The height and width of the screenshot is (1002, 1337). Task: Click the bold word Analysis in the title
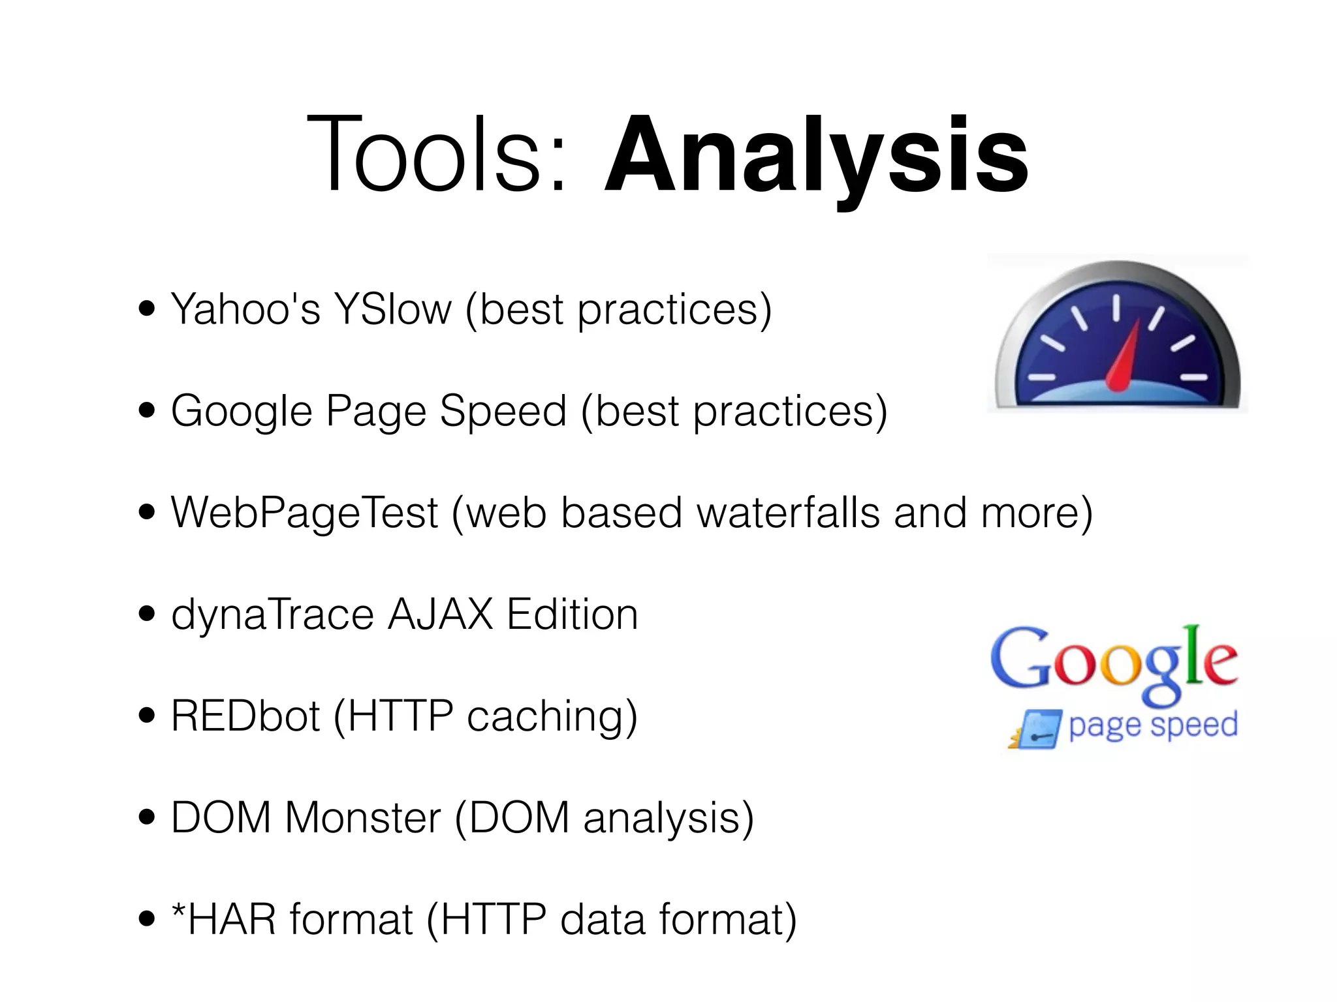[x=816, y=157]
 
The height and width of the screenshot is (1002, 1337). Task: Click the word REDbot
[x=245, y=716]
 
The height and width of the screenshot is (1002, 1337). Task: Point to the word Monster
[x=363, y=818]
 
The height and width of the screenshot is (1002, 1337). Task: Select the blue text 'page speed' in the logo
[x=1153, y=725]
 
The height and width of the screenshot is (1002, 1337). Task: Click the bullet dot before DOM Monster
[x=147, y=818]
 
